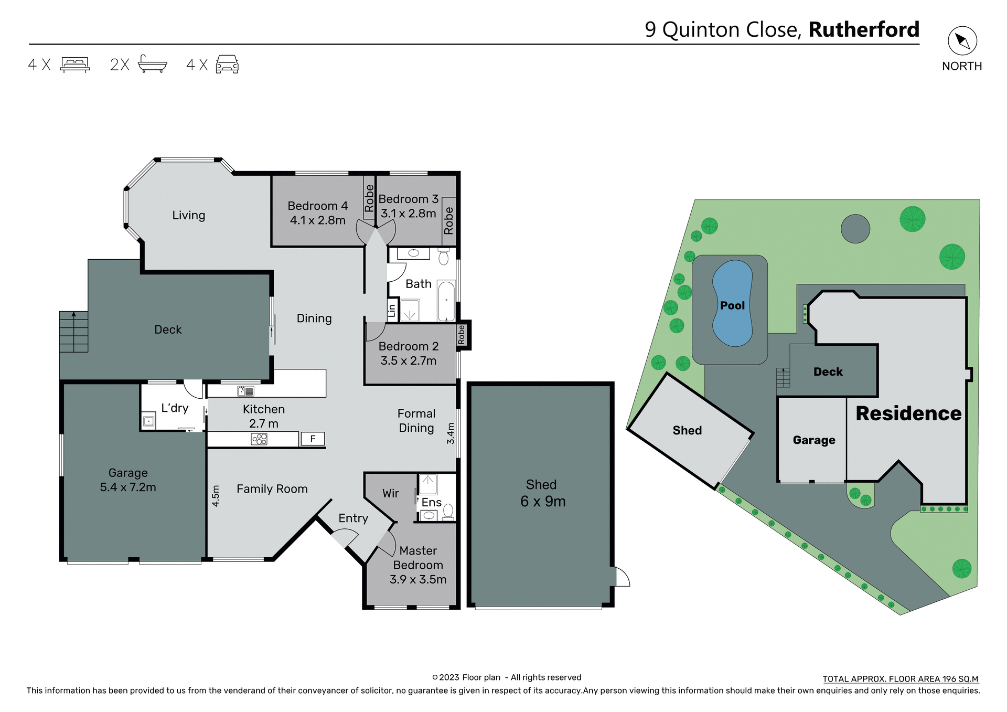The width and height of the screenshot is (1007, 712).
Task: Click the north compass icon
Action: [962, 41]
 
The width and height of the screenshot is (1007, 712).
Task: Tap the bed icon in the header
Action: [75, 65]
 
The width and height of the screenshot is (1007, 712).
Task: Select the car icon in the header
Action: [227, 65]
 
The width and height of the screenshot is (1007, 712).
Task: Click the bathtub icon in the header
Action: [152, 65]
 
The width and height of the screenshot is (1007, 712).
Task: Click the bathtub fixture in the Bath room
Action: [446, 301]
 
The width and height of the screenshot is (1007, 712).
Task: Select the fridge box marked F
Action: [313, 439]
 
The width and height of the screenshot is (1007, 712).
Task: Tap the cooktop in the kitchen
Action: [259, 439]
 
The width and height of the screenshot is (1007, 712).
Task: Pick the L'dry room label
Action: [175, 408]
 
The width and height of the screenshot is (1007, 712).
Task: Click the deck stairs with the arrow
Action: [73, 332]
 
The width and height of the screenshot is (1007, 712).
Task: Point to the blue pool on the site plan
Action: [732, 304]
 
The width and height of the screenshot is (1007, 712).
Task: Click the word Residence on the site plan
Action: [908, 413]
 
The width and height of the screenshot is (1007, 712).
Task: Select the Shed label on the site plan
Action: [687, 430]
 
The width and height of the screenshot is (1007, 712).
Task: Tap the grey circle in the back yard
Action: [855, 229]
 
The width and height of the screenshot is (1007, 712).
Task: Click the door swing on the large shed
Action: [622, 577]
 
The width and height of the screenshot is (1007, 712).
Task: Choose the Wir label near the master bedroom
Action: [390, 493]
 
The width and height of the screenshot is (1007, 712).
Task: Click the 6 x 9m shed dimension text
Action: [543, 502]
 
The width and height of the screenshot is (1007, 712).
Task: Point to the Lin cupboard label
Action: [392, 311]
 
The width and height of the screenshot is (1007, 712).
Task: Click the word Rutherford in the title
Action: [864, 29]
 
